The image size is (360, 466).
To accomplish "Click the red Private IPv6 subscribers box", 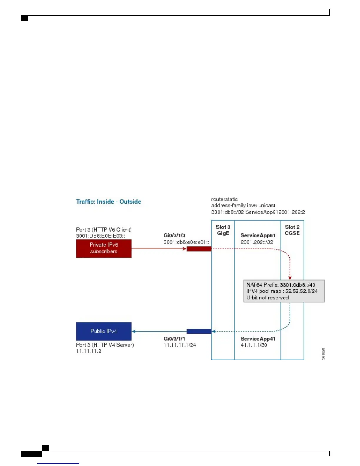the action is [x=104, y=248].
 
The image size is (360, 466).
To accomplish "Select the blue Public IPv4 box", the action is [x=104, y=331].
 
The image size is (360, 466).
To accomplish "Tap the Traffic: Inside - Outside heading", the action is [x=109, y=202].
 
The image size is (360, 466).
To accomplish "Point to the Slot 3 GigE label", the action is [x=223, y=230].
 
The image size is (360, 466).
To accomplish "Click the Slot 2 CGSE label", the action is [x=292, y=230].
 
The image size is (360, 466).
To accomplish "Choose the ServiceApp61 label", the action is [x=258, y=235].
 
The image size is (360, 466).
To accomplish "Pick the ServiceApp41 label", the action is [x=258, y=339].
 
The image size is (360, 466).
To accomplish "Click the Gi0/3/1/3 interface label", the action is [x=174, y=235].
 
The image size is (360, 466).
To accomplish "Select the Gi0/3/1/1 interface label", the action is [x=174, y=339].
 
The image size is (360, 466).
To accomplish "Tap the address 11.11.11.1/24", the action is [x=180, y=345].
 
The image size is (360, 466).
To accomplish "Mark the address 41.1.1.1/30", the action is [x=254, y=345].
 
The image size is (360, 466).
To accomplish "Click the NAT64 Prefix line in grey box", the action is [x=281, y=285].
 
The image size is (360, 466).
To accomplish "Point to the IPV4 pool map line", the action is [x=282, y=291].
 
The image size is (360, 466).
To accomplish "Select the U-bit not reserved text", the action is [x=267, y=298].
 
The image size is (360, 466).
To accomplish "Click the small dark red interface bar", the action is [x=199, y=249].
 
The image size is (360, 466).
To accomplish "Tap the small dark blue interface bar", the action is [x=199, y=332].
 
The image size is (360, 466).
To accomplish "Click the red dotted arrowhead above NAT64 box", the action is [x=290, y=277].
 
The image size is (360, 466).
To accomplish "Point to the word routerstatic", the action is [x=224, y=199].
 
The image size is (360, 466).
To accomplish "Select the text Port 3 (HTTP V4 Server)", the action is [x=105, y=345].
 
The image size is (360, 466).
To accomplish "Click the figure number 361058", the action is [x=323, y=354].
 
